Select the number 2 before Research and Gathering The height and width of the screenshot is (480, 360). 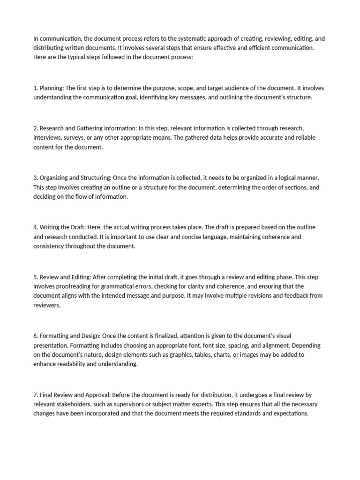35,128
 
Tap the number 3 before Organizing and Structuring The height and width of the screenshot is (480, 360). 35,178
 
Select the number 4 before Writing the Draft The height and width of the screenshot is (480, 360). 35,227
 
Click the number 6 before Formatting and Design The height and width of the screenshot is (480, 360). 35,336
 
